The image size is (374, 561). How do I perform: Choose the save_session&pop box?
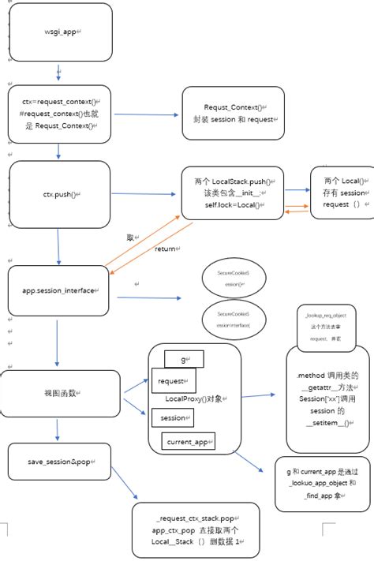(x=59, y=461)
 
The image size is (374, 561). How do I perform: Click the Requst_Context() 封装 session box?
(x=233, y=113)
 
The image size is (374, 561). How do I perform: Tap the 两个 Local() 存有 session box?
(x=340, y=193)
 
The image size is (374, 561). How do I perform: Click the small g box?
(x=183, y=359)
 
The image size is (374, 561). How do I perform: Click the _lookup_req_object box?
(x=325, y=326)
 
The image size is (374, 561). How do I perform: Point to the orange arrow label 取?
(x=130, y=237)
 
